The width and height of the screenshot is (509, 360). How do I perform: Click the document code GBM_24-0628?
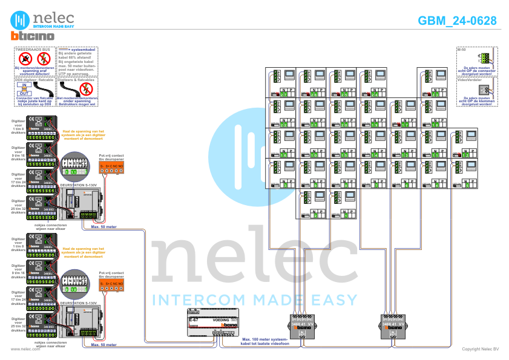point(457,21)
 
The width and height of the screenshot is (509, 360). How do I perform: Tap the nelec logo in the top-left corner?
point(42,18)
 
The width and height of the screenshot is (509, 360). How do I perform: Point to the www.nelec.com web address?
point(25,349)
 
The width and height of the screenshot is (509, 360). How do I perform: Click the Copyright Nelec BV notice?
point(480,349)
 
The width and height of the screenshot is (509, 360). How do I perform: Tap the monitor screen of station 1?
point(349,197)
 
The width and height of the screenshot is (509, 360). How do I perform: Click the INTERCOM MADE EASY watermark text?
point(254,299)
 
